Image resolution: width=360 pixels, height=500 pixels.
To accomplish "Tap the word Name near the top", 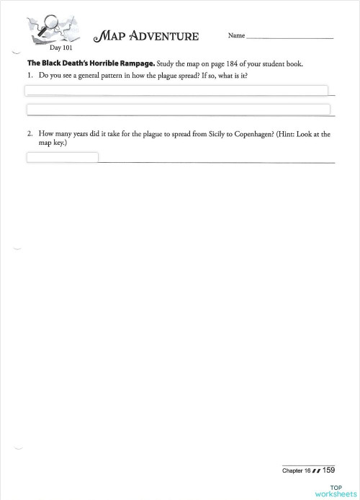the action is [236, 35].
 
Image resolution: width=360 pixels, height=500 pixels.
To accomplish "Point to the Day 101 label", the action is [60, 48].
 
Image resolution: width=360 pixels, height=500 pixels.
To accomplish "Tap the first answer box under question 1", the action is [176, 91].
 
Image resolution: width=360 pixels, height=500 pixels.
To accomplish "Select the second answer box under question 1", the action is [178, 110].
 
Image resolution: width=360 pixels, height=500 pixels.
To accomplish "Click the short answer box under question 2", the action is [63, 157].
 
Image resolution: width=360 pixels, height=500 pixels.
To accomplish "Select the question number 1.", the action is [30, 76].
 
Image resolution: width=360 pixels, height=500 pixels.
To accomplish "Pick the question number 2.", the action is [30, 134].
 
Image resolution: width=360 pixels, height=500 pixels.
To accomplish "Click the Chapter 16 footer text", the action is [296, 470].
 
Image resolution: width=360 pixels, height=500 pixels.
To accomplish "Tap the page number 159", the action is [328, 470].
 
